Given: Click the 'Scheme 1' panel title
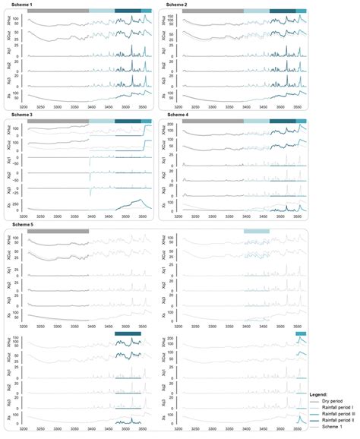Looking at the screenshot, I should coord(18,5).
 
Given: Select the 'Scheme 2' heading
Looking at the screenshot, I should coord(176,5).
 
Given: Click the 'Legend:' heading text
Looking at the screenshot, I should coord(318,395).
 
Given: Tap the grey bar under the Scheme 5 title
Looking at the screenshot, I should coord(58,231).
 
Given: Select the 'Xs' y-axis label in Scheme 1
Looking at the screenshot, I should coord(9,96).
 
